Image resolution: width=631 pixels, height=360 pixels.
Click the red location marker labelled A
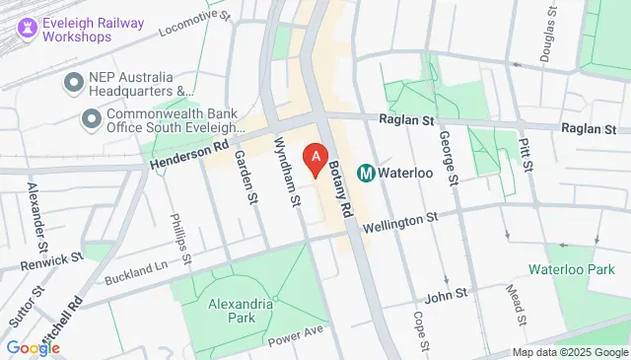[315, 157]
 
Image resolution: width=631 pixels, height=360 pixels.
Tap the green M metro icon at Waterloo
[366, 173]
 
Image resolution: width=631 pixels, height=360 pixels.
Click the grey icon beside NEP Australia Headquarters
[72, 83]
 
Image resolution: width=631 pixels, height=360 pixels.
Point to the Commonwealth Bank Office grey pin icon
[92, 119]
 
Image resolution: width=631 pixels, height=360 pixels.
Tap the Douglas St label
[543, 28]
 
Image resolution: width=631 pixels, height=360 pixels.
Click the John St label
[444, 297]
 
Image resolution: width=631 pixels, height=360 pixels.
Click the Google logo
[33, 347]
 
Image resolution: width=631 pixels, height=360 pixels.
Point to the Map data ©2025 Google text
[570, 353]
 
